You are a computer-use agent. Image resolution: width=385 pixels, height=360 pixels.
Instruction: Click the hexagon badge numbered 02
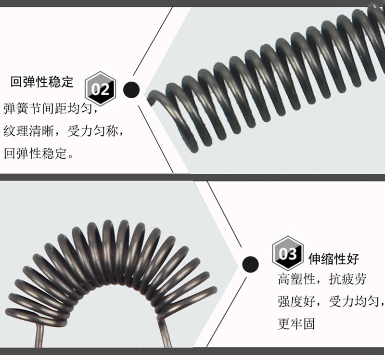click(101, 89)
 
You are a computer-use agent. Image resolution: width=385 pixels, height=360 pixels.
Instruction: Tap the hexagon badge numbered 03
click(288, 253)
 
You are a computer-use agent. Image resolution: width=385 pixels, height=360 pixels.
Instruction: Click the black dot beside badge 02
click(131, 89)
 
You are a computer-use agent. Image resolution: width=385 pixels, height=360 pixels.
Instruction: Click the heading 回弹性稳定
click(42, 82)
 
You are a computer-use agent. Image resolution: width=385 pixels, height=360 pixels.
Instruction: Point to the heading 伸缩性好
click(334, 259)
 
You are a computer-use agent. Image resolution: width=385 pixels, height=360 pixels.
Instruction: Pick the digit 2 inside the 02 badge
click(105, 90)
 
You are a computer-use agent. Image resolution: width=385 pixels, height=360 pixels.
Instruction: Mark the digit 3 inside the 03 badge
click(292, 254)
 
